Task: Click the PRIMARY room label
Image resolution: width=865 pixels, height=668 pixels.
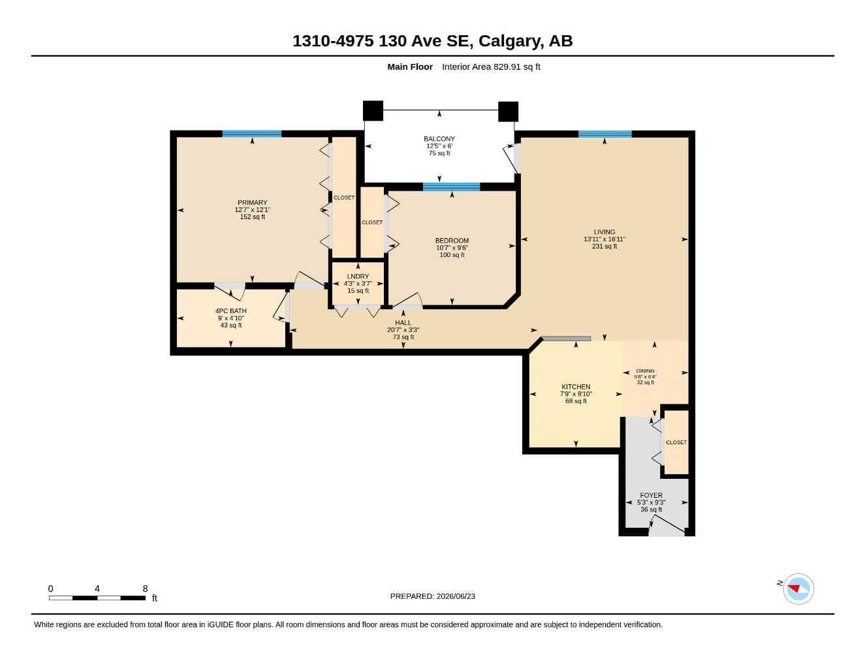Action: coord(252,202)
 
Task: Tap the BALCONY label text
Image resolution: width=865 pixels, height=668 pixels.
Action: coord(439,139)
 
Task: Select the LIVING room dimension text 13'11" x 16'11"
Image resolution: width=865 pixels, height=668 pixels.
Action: coord(605,239)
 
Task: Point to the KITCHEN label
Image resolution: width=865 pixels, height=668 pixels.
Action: coord(576,386)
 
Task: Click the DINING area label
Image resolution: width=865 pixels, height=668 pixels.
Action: coord(645,371)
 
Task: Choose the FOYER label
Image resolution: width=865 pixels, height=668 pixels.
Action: coord(652,495)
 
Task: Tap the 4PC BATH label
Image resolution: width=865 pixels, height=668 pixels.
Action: coord(231,311)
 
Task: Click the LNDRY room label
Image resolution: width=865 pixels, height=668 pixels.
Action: coord(358,276)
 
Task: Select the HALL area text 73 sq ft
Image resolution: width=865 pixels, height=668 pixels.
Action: coord(403,337)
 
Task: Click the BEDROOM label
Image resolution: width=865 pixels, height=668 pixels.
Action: coord(452,241)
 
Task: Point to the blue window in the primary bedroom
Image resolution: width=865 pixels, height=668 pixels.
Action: coord(252,134)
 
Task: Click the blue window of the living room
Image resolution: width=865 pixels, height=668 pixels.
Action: coord(605,134)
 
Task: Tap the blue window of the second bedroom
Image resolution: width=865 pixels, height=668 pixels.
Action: coord(451,187)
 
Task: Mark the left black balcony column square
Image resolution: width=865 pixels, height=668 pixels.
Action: coord(373,111)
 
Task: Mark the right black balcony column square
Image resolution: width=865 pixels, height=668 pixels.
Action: coord(509,112)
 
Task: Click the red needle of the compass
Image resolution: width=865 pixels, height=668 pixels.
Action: coord(794,588)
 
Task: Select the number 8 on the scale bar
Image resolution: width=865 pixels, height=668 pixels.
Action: coord(146,588)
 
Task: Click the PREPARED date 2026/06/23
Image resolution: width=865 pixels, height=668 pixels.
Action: coord(456,596)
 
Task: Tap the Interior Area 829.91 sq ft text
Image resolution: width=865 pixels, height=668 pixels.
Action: coord(491,67)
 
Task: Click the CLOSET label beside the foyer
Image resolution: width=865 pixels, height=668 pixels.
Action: coord(676,442)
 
